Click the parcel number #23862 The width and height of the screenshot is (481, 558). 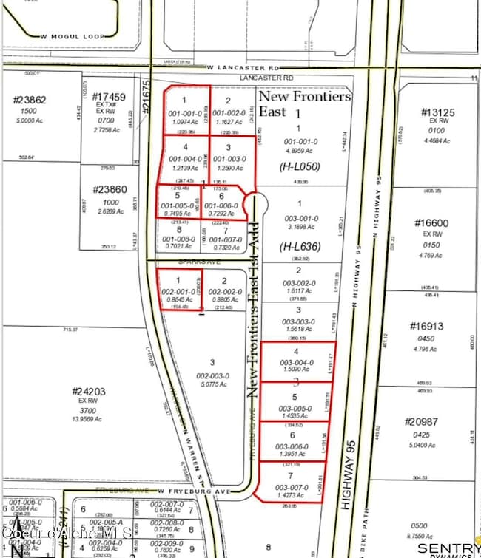tap(30, 101)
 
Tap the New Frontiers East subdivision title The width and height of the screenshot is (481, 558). tap(304, 103)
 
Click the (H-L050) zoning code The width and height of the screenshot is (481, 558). tap(299, 167)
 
